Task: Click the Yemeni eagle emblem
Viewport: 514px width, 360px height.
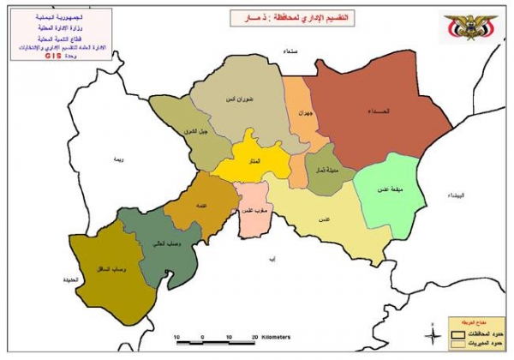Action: (x=469, y=27)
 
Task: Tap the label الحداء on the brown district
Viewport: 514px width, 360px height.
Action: (x=382, y=111)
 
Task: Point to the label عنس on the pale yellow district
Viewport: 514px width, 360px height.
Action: (x=325, y=219)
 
